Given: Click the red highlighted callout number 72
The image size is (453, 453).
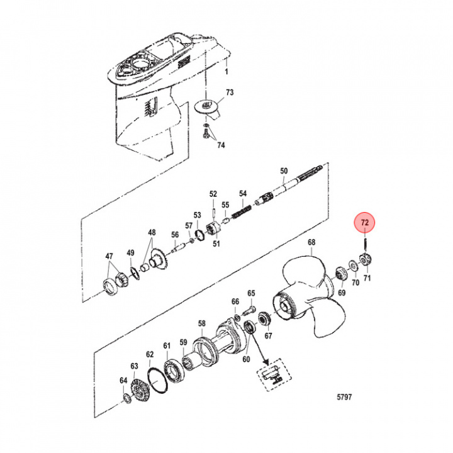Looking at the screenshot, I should [366, 222].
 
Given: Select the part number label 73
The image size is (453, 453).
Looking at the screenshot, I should [230, 92].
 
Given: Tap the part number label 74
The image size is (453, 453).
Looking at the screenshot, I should [220, 145].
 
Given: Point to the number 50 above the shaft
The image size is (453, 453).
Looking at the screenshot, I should [283, 171].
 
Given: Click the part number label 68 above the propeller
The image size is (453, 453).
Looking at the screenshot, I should [311, 242].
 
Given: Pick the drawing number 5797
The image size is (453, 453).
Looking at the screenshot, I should [345, 397].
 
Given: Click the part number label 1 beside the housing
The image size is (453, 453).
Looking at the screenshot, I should [227, 72].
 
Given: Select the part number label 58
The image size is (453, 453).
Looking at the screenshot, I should [201, 323].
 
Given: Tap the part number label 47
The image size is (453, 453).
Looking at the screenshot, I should [109, 257].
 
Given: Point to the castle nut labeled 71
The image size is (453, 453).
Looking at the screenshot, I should [364, 259].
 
